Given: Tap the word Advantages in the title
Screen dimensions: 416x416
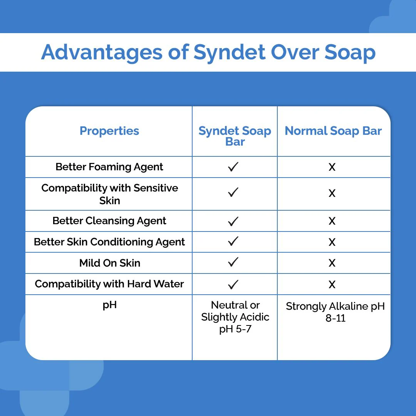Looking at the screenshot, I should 102,52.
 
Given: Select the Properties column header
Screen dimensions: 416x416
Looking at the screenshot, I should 109,131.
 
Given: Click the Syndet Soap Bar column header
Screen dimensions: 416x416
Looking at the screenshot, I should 235,136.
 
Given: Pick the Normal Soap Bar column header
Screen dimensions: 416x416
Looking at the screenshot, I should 333,131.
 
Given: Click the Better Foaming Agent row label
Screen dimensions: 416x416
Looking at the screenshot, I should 109,167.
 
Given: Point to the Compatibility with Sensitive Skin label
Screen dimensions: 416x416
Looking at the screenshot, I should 109,194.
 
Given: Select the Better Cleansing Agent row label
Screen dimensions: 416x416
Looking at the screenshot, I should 109,221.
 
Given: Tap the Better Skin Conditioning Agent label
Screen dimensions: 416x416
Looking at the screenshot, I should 109,242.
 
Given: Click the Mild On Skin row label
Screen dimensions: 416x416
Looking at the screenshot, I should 109,263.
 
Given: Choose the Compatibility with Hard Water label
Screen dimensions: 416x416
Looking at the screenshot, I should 109,284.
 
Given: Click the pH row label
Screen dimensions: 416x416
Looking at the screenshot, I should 109,305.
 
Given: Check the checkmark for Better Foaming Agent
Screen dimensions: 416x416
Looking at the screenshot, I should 233,167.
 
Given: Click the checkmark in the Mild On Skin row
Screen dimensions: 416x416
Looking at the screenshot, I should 233,263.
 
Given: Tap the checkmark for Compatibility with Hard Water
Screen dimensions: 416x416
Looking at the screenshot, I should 233,284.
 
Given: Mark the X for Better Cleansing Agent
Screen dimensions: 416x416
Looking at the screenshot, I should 332,221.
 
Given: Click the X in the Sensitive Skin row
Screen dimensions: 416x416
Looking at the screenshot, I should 332,193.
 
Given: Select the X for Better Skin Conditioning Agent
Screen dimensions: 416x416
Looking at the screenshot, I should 332,242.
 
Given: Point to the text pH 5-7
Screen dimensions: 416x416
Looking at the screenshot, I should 235,329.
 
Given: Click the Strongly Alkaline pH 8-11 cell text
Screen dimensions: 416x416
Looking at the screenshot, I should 335,312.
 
